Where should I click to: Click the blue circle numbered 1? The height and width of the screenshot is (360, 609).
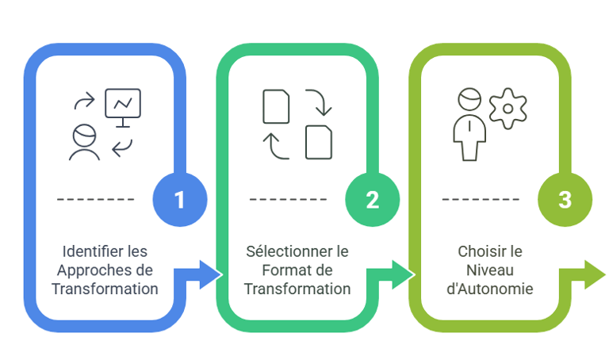(x=179, y=200)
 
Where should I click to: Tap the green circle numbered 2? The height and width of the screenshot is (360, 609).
(x=372, y=200)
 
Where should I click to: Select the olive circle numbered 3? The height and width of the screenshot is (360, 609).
(x=565, y=200)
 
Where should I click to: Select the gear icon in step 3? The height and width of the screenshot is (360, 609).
(x=507, y=108)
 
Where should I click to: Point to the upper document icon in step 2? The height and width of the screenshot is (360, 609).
(x=275, y=106)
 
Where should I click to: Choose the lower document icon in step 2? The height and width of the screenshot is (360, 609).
(x=319, y=141)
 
